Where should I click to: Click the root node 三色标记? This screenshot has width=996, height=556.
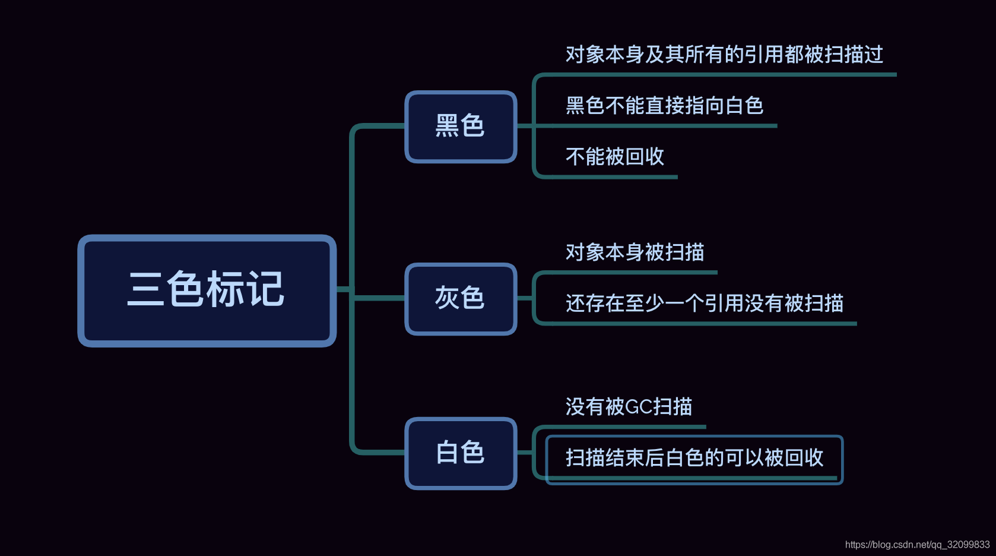coord(207,290)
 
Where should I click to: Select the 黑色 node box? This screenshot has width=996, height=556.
coord(461,127)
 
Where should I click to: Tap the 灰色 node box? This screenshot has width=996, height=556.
coord(461,299)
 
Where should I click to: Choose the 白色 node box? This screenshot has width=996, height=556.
coord(461,453)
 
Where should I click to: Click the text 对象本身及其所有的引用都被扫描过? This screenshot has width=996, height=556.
coord(724,55)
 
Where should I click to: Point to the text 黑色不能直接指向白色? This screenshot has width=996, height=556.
coord(664,106)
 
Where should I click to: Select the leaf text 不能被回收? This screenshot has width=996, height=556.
coord(615,157)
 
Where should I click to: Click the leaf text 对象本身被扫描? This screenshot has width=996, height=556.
coord(635,252)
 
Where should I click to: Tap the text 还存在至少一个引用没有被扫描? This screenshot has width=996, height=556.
coord(704,304)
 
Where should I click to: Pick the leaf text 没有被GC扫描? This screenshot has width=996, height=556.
coord(629,407)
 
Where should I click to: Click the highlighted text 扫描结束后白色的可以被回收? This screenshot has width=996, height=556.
coord(694,458)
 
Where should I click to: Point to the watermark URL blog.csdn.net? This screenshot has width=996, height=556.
coord(917,545)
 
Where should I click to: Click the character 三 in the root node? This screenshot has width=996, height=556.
coord(145,290)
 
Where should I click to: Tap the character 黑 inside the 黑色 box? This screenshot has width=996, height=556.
coord(447,126)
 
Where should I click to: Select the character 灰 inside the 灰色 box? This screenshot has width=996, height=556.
coord(447,298)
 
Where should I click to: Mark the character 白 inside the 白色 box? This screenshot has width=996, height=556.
coord(447,453)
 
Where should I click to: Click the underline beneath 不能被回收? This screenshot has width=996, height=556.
coord(611,177)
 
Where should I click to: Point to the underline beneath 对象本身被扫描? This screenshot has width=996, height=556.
coord(629,273)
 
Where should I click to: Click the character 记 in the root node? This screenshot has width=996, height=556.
coord(265,290)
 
